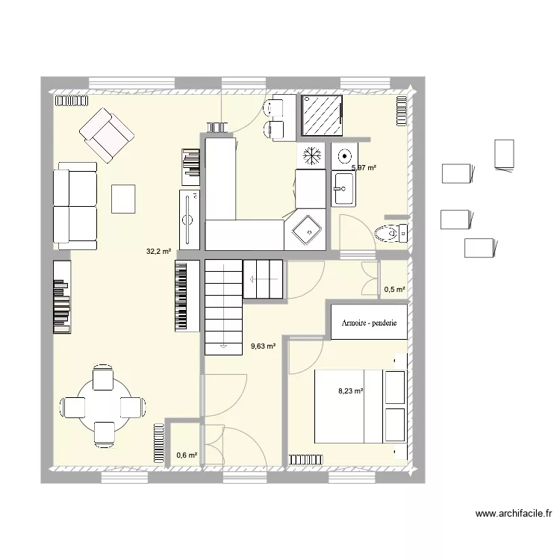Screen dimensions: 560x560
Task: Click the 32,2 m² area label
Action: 158,252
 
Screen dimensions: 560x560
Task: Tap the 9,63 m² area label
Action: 264,346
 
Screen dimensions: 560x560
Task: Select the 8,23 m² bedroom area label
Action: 351,391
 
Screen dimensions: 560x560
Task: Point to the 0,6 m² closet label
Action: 187,455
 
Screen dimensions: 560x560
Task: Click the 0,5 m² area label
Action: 395,289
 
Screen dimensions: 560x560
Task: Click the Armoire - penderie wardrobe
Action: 369,322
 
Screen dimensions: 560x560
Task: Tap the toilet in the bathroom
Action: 391,234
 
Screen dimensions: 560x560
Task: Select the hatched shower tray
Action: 322,115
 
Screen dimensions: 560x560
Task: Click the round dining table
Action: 103,405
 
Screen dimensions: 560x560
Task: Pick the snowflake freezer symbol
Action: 311,156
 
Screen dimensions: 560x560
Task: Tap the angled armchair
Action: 107,135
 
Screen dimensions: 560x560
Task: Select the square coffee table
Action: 123,199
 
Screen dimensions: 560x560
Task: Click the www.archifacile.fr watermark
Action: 514,514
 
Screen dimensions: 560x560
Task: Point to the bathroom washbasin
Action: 343,189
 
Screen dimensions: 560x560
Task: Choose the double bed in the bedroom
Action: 361,406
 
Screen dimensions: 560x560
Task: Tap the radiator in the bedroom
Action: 305,460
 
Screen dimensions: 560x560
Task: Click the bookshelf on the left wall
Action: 62,296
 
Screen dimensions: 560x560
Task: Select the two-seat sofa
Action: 75,206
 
